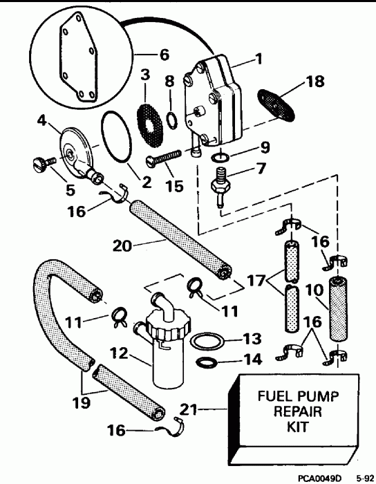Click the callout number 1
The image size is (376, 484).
pos(258,60)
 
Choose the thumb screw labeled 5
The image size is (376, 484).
pos(44,163)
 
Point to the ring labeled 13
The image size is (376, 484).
pos(207,341)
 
